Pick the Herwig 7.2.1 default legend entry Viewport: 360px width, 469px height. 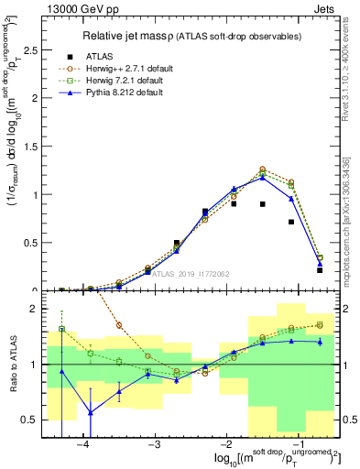127,82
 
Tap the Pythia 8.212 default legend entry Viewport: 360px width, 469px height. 127,94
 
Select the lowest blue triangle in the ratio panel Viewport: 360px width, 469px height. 91,412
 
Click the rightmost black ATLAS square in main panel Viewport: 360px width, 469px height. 320,270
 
